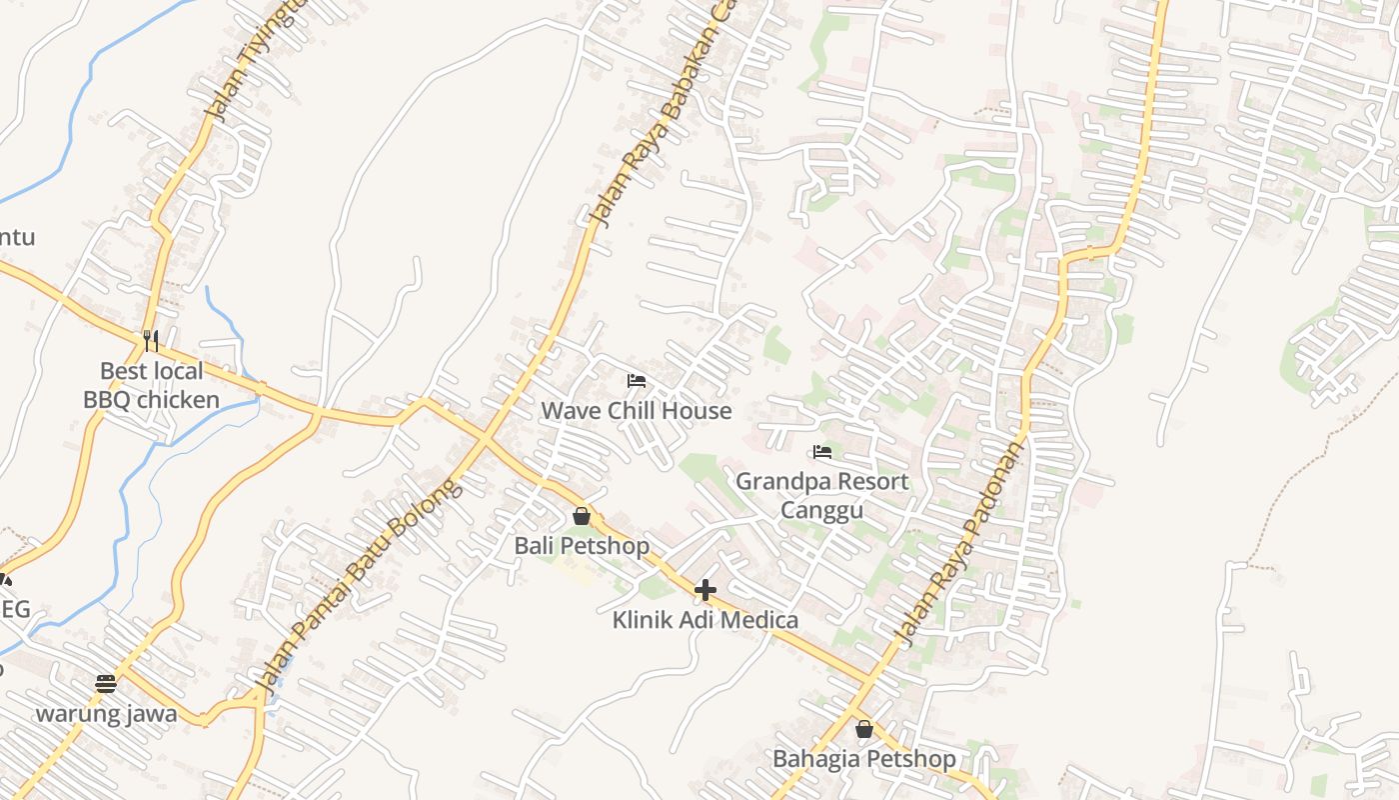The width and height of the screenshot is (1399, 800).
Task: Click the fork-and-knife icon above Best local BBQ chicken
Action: tap(151, 341)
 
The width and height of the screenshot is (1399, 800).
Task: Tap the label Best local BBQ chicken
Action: tap(151, 386)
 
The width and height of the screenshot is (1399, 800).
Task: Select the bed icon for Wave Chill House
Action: tap(636, 381)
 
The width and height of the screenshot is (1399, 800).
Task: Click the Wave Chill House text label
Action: tap(637, 411)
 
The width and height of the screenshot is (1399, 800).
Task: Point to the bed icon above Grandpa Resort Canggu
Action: tap(822, 452)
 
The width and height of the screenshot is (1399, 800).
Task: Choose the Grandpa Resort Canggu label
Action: tap(822, 496)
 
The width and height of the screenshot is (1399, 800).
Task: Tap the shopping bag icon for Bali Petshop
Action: tap(582, 516)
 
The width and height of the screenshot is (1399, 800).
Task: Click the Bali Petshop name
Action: tap(582, 546)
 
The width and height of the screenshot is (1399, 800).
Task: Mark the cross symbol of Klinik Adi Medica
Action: tap(705, 590)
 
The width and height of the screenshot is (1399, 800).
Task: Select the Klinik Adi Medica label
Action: tap(705, 620)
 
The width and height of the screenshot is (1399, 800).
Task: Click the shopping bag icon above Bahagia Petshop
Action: tap(864, 729)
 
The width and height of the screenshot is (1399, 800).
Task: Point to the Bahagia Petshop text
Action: tap(864, 759)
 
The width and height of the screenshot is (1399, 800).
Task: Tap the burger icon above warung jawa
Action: tap(106, 684)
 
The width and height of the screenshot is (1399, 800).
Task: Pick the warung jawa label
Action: tap(106, 714)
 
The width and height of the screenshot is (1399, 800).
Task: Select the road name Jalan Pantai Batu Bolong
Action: tap(360, 585)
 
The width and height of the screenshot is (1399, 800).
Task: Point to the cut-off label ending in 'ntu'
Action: tap(16, 237)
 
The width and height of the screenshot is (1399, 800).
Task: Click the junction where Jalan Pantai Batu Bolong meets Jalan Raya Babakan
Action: tap(485, 439)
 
